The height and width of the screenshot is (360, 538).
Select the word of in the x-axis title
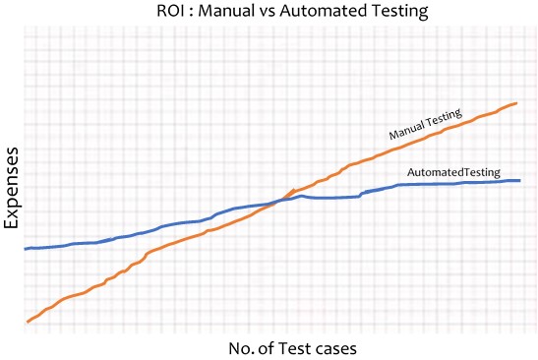tap(242, 347)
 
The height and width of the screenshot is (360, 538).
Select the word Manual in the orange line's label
tap(406, 130)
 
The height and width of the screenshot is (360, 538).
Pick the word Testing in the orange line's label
tap(444, 119)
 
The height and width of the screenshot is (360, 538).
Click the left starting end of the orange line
tap(27, 322)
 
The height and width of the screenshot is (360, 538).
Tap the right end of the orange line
tap(517, 102)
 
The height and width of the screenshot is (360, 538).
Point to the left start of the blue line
tap(25, 248)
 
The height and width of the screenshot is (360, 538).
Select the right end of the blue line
tap(519, 181)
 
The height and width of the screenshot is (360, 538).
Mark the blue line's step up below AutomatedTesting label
tap(363, 193)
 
